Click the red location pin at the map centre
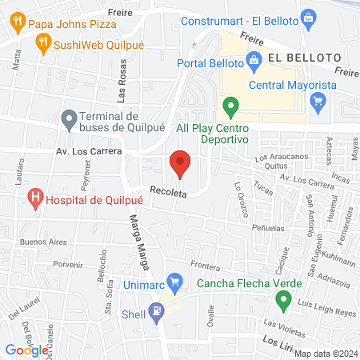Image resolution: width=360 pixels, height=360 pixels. coord(180,164)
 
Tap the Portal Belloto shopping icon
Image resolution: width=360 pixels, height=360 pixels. coord(254,58)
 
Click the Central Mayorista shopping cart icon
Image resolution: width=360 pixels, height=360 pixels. coord(318,100)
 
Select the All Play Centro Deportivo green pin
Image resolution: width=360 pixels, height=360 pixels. coord(231,105)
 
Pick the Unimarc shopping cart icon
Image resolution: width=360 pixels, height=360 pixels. coord(180,282)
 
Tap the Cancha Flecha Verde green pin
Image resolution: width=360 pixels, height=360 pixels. coord(282,301)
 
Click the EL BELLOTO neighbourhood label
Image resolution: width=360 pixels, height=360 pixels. coord(303,58)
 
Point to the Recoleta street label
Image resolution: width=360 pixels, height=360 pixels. coord(166,193)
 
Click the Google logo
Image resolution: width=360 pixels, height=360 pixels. coord(26,350)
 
